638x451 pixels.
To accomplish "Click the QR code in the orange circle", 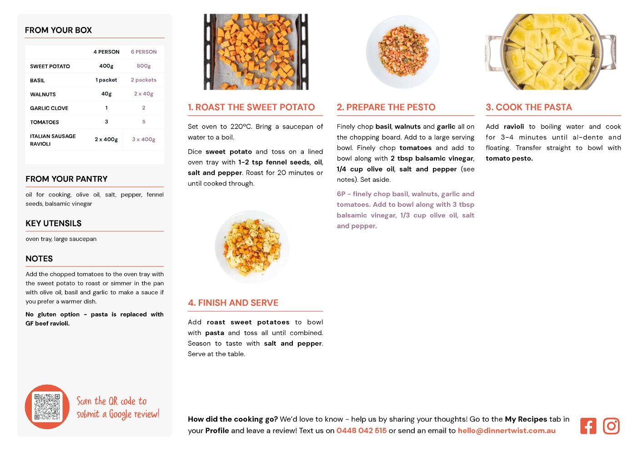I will pos(47,407).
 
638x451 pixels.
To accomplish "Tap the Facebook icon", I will pos(588,426).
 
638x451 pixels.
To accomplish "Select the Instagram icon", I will pos(611,426).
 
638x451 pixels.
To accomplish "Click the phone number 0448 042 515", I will pos(362,431).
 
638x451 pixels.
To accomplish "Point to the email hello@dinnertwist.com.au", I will pos(507,431).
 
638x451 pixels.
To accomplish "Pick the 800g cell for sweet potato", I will pos(144,66).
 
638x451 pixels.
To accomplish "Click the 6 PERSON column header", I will pos(144,52).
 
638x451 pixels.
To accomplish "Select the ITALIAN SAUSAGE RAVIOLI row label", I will pos(53,140).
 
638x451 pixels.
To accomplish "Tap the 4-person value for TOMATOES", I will pos(106,122).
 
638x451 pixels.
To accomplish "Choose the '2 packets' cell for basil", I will pos(144,80).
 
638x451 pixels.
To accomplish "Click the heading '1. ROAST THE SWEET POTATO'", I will pos(251,107).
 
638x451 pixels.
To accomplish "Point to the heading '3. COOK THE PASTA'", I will pos(529,107).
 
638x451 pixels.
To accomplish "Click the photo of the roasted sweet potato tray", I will pos(256,51).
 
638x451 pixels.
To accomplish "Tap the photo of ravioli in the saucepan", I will pos(550,51).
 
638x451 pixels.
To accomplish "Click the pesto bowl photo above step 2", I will pos(403,51).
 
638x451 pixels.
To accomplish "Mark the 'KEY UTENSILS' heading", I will pos(54,223).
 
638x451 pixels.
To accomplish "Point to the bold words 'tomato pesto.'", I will pos(509,158).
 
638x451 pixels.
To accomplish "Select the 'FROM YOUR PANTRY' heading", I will pos(66,179).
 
